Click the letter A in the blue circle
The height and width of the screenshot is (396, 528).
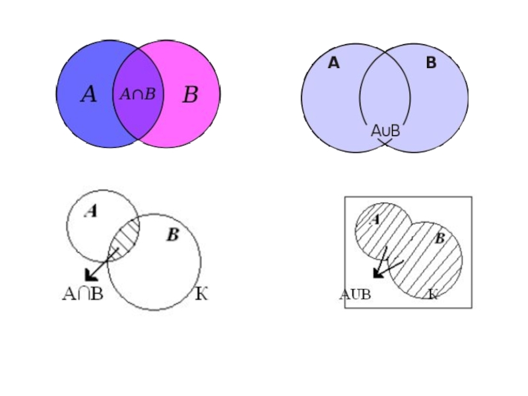[88, 95]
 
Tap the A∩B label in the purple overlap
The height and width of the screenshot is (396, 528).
[137, 94]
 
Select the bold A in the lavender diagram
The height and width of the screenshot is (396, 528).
[333, 63]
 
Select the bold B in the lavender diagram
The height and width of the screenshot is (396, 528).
[431, 63]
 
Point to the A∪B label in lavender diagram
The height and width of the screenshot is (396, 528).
[385, 131]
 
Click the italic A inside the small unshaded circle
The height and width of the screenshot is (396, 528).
[92, 211]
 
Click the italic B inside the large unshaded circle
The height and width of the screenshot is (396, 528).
[172, 235]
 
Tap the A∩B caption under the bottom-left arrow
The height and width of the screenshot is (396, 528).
[82, 294]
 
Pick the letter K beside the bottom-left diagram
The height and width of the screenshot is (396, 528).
[201, 294]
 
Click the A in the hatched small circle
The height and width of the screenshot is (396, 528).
[374, 218]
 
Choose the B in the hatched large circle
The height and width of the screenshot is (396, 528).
[439, 239]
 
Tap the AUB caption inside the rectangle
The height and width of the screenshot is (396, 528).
[355, 294]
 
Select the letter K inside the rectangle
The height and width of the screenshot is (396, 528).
[433, 294]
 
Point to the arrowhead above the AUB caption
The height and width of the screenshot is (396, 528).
[378, 273]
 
